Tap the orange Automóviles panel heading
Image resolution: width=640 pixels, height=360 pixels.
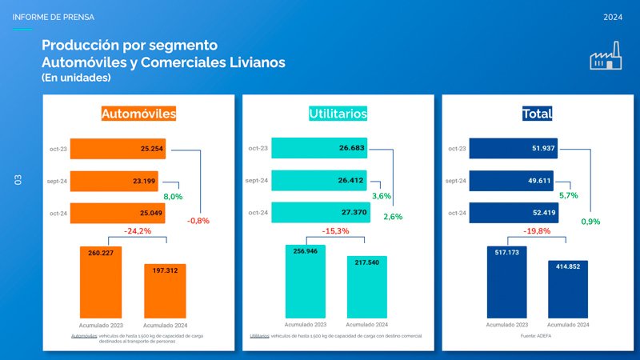[138, 114]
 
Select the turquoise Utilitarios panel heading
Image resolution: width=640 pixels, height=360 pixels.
[338, 114]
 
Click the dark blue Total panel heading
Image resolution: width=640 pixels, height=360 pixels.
[537, 114]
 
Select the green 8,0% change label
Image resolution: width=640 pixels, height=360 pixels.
[173, 196]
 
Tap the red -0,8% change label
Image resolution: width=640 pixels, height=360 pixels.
[198, 221]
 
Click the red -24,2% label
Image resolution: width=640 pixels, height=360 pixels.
[138, 231]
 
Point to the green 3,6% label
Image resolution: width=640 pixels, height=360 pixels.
[381, 196]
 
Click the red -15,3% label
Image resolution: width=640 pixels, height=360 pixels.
[337, 231]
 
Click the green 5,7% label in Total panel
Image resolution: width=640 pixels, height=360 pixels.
[568, 195]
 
